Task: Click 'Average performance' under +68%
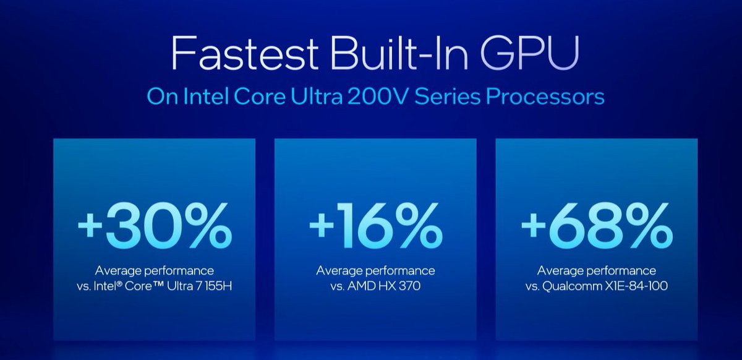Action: coord(597,271)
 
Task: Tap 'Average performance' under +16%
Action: coord(375,271)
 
